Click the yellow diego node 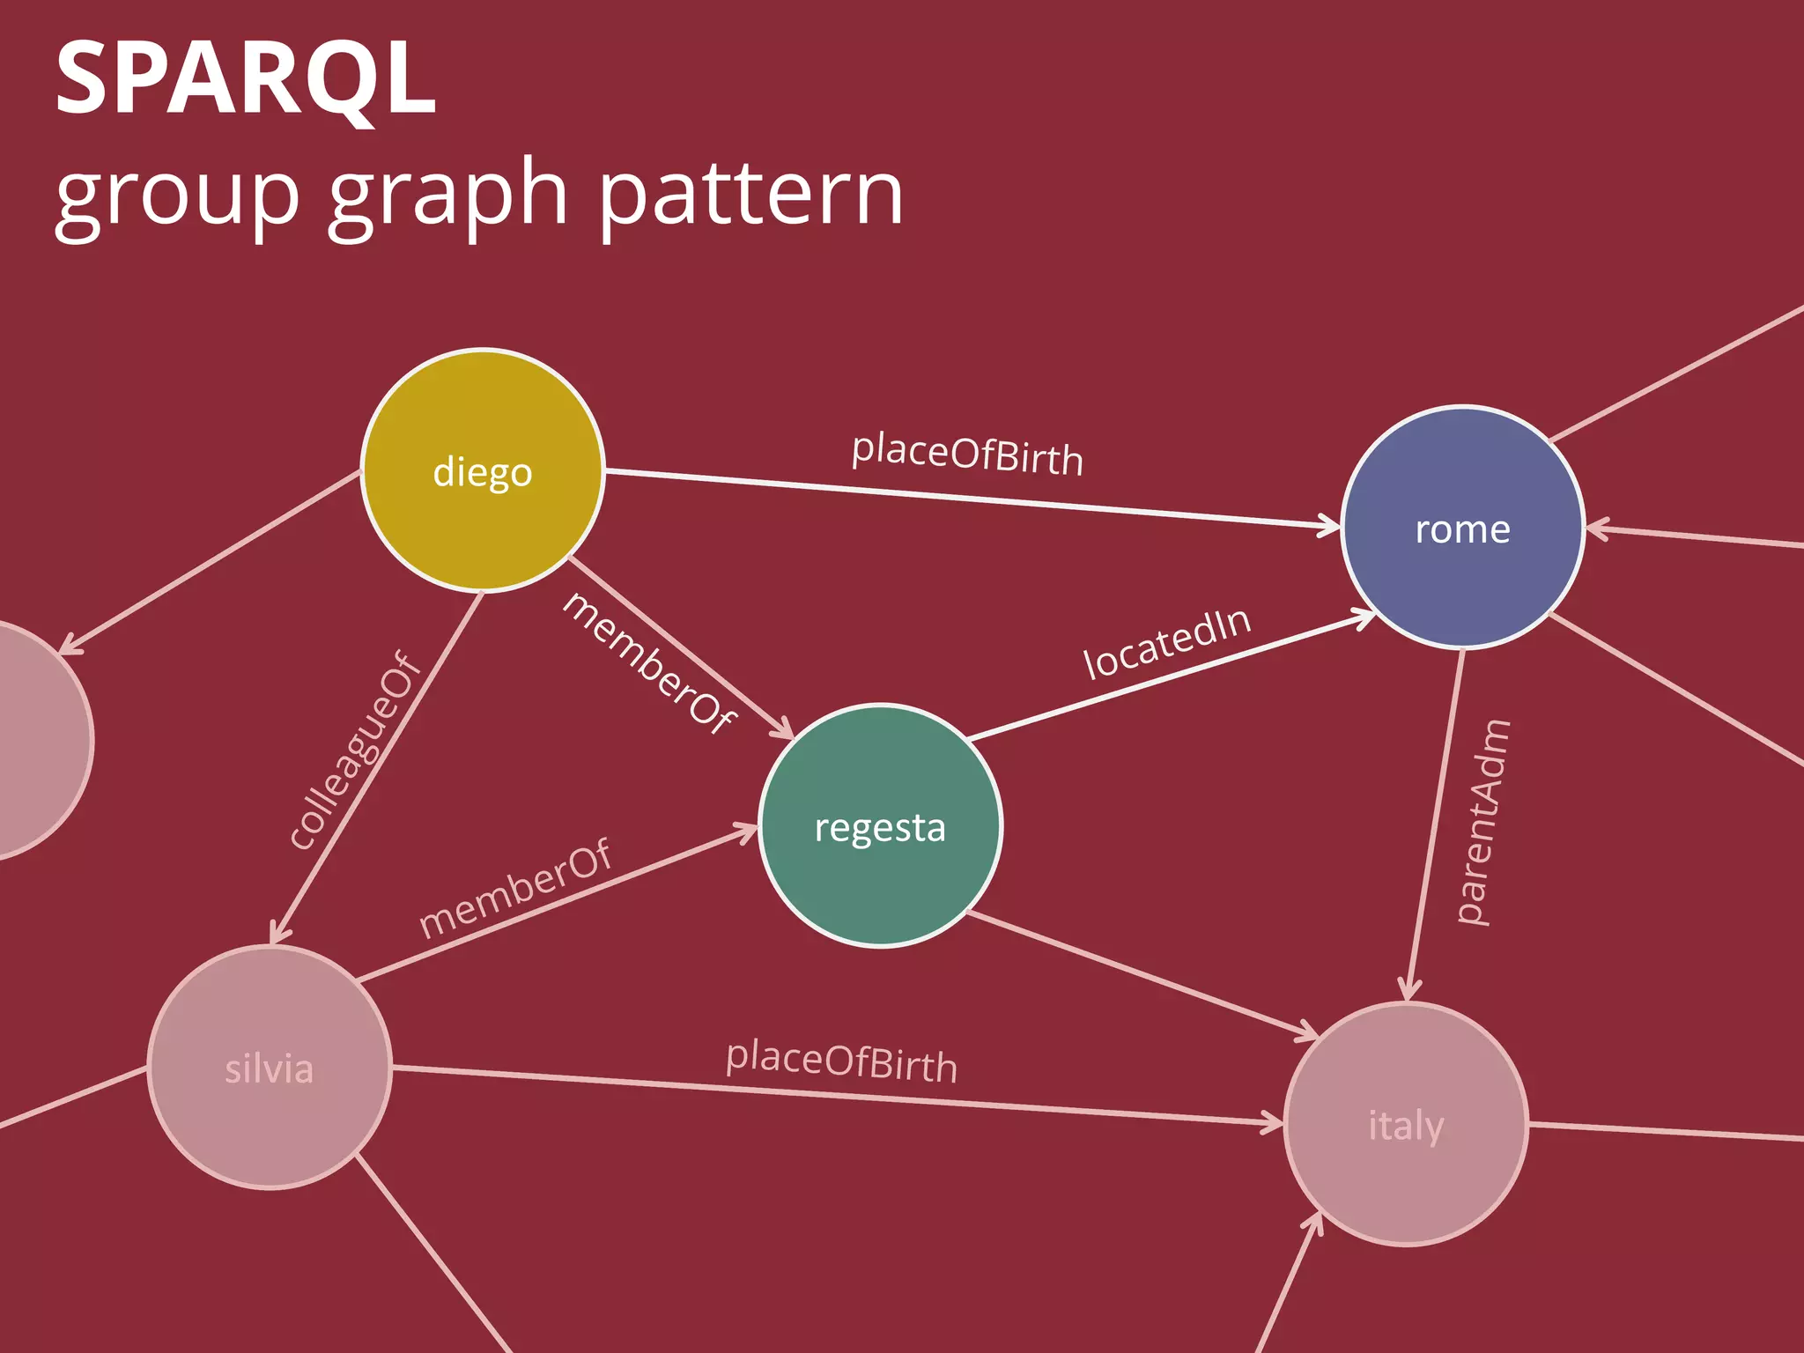pyautogui.click(x=483, y=470)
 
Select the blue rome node pyautogui.click(x=1462, y=528)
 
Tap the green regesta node pyautogui.click(x=880, y=825)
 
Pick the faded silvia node pyautogui.click(x=270, y=1067)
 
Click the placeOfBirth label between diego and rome pyautogui.click(x=967, y=455)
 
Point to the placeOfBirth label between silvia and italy pyautogui.click(x=841, y=1061)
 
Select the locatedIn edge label pyautogui.click(x=1166, y=644)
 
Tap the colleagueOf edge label pyautogui.click(x=355, y=750)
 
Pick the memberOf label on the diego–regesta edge pyautogui.click(x=649, y=662)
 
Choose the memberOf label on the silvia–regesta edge pyautogui.click(x=514, y=888)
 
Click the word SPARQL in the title pyautogui.click(x=246, y=79)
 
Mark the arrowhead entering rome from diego pyautogui.click(x=1329, y=527)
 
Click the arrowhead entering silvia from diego pyautogui.click(x=278, y=932)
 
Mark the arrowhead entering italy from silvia pyautogui.click(x=1273, y=1121)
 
